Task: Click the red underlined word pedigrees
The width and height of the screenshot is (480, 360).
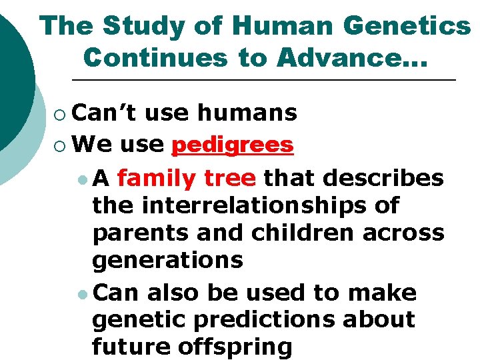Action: [x=233, y=145]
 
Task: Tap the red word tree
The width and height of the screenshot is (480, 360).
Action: [x=230, y=179]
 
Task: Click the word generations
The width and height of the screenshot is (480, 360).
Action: [x=168, y=261]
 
